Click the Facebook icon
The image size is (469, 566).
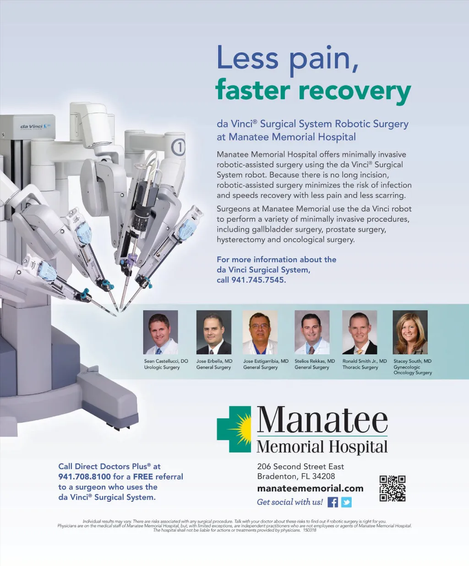tap(333, 502)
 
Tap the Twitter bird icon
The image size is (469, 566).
tap(346, 502)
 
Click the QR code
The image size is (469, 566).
tap(393, 489)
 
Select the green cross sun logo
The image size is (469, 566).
tap(234, 429)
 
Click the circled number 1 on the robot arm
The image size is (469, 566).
tap(179, 147)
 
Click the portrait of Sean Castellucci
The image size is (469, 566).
tap(161, 332)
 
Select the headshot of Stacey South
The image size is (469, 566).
tap(410, 332)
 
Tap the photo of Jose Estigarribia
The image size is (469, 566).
tap(260, 332)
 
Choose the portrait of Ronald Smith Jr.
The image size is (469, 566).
tap(360, 332)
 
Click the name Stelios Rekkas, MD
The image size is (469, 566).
tap(315, 361)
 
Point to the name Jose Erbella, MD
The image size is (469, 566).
tap(214, 361)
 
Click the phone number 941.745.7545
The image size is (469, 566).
tap(258, 280)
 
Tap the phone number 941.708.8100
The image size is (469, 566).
tap(84, 477)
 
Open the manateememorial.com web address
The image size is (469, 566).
tap(310, 489)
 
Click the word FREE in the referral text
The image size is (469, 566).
tap(143, 477)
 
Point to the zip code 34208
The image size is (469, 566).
tap(323, 476)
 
